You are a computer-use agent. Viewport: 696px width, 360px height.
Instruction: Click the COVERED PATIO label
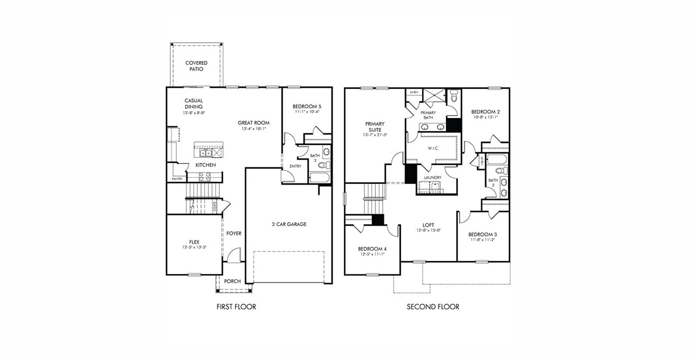(x=196, y=66)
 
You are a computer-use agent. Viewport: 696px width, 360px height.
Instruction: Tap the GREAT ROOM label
(x=253, y=122)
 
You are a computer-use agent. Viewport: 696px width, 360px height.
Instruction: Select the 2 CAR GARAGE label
(x=289, y=224)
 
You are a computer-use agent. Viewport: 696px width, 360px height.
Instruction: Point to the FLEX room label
(x=194, y=241)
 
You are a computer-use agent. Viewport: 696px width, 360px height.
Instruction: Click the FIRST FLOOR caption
(x=236, y=307)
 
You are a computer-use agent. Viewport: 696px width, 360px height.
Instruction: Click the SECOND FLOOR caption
(x=433, y=307)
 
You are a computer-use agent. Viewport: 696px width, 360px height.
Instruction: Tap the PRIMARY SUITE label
(x=375, y=126)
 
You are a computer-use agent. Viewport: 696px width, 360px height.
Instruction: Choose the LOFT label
(x=428, y=225)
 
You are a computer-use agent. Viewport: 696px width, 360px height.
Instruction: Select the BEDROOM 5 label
(x=306, y=107)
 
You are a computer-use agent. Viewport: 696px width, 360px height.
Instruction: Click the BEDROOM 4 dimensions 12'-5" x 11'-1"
(x=372, y=255)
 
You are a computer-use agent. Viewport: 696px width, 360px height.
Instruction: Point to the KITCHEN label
(x=206, y=165)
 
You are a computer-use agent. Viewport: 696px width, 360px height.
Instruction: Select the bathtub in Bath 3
(x=319, y=177)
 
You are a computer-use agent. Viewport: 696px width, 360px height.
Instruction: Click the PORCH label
(x=232, y=281)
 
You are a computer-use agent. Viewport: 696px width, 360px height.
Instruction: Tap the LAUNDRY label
(x=433, y=178)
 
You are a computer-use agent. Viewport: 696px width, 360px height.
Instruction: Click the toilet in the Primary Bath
(x=453, y=97)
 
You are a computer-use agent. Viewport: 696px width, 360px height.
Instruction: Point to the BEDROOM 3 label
(x=483, y=235)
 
